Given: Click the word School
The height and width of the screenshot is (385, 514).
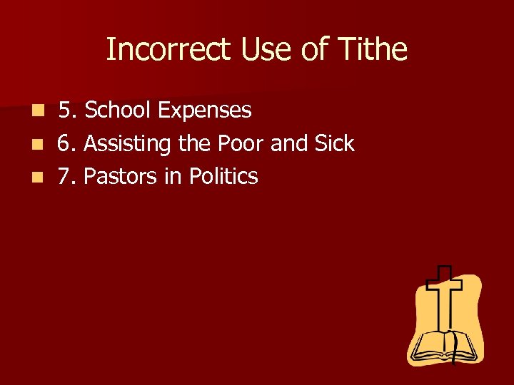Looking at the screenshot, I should (118, 111).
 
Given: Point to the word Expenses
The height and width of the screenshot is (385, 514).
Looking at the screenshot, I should (205, 111).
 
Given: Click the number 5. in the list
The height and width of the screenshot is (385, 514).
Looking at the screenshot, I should (69, 111).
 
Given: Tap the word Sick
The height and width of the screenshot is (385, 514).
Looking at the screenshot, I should (333, 144).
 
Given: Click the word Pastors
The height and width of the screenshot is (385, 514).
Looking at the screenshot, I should (121, 177).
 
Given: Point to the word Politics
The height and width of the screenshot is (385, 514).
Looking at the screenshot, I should (223, 177).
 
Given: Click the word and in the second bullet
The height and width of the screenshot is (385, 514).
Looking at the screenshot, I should (288, 144).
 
